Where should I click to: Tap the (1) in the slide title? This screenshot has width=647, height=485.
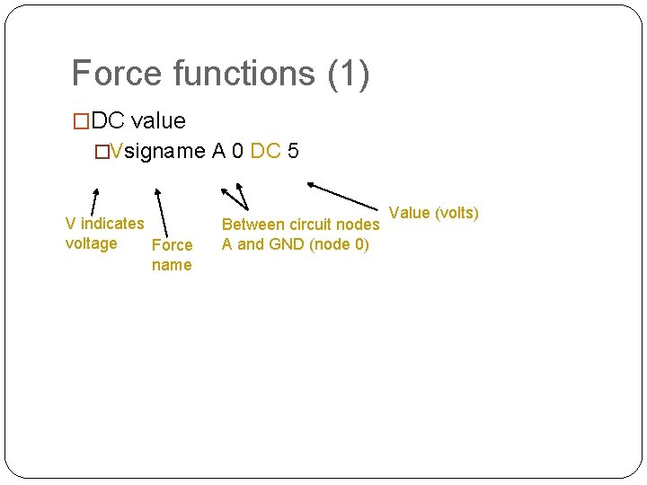[x=349, y=75]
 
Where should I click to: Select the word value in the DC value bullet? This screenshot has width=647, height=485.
[x=158, y=120]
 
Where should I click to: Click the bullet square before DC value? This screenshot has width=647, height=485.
[x=81, y=121]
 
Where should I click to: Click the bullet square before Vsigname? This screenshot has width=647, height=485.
[x=102, y=152]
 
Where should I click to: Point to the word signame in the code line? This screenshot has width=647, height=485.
[x=165, y=152]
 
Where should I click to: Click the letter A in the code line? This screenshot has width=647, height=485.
[x=218, y=151]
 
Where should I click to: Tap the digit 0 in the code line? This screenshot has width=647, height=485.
[x=236, y=151]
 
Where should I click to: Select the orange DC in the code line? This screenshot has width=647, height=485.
[x=265, y=151]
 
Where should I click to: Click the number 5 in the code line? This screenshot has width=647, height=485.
[x=293, y=151]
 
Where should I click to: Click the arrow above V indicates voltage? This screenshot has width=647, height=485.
[x=93, y=201]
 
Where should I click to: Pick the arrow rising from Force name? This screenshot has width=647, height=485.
[x=162, y=212]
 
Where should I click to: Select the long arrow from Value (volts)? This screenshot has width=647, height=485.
[x=346, y=197]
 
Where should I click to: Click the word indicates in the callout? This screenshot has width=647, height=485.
[x=111, y=224]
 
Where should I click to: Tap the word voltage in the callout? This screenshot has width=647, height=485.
[x=91, y=243]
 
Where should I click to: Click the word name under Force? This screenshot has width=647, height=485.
[x=172, y=265]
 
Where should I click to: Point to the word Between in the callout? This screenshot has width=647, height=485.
[x=253, y=225]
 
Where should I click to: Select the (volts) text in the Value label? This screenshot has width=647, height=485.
[x=456, y=213]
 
